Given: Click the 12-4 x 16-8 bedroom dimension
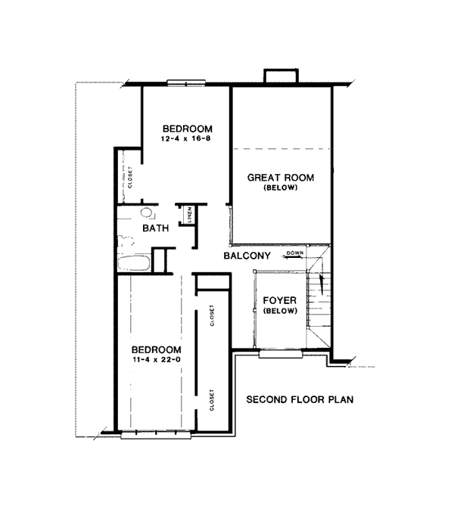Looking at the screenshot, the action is click(185, 138).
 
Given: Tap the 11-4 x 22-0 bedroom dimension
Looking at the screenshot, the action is click(156, 359).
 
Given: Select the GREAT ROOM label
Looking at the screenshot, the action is click(281, 178).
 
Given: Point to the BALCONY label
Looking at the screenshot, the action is click(247, 256).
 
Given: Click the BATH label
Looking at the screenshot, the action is click(156, 228).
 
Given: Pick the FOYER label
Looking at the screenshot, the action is click(279, 300).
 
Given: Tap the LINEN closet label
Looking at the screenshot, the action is click(189, 215).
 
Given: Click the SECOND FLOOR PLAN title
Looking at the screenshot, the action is click(300, 399).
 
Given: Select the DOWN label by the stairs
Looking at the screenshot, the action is click(295, 253).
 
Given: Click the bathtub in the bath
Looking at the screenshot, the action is click(134, 263).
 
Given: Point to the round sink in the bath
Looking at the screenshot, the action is click(147, 213).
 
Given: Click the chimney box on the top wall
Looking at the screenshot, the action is click(281, 76).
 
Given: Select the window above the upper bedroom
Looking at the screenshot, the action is click(186, 83).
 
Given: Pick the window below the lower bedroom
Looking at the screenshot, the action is click(156, 435).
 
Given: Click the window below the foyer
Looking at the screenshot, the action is click(281, 354).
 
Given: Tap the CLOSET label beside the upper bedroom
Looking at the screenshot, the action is click(130, 177).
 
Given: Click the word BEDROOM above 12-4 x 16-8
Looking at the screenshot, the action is click(188, 129).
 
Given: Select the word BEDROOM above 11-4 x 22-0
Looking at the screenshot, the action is click(157, 349).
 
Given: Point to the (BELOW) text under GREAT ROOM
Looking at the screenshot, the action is click(281, 188).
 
